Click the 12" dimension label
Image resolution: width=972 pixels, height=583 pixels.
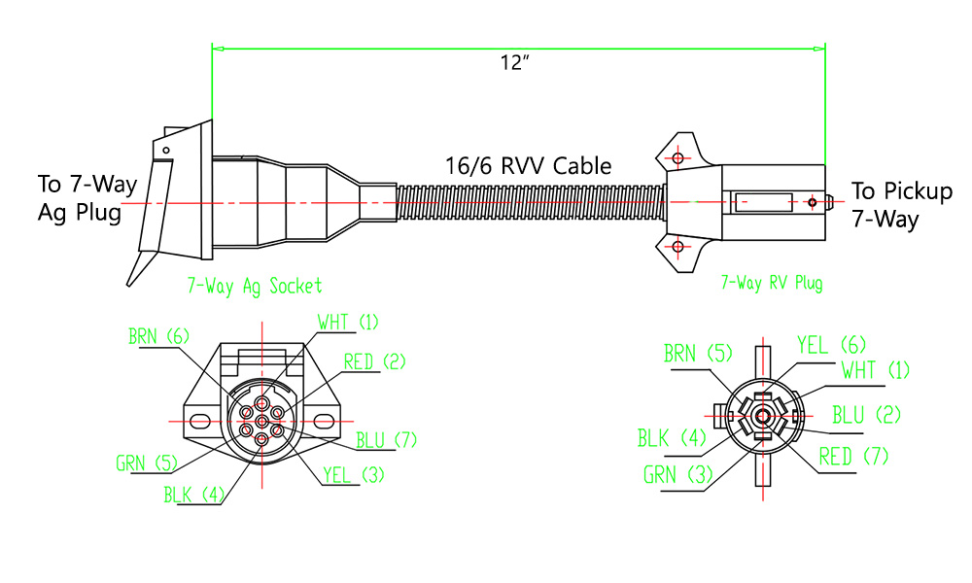pyautogui.click(x=514, y=63)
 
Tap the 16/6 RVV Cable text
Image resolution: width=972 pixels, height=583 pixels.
pyautogui.click(x=528, y=165)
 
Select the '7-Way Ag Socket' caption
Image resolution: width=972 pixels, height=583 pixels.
pyautogui.click(x=254, y=286)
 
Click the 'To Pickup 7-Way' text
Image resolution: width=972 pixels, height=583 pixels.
pyautogui.click(x=901, y=205)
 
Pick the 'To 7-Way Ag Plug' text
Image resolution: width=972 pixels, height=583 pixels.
pyautogui.click(x=87, y=198)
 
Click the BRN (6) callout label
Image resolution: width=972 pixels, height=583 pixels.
pyautogui.click(x=158, y=336)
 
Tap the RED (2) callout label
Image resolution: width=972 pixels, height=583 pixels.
pyautogui.click(x=374, y=362)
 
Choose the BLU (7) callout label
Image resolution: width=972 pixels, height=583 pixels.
pyautogui.click(x=386, y=440)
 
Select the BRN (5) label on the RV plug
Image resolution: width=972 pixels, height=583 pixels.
pyautogui.click(x=693, y=354)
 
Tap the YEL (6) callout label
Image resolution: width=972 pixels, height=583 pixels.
pyautogui.click(x=831, y=345)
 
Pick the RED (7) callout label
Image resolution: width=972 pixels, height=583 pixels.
pyautogui.click(x=853, y=456)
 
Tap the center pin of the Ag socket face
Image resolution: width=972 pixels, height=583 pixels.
pyautogui.click(x=261, y=421)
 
